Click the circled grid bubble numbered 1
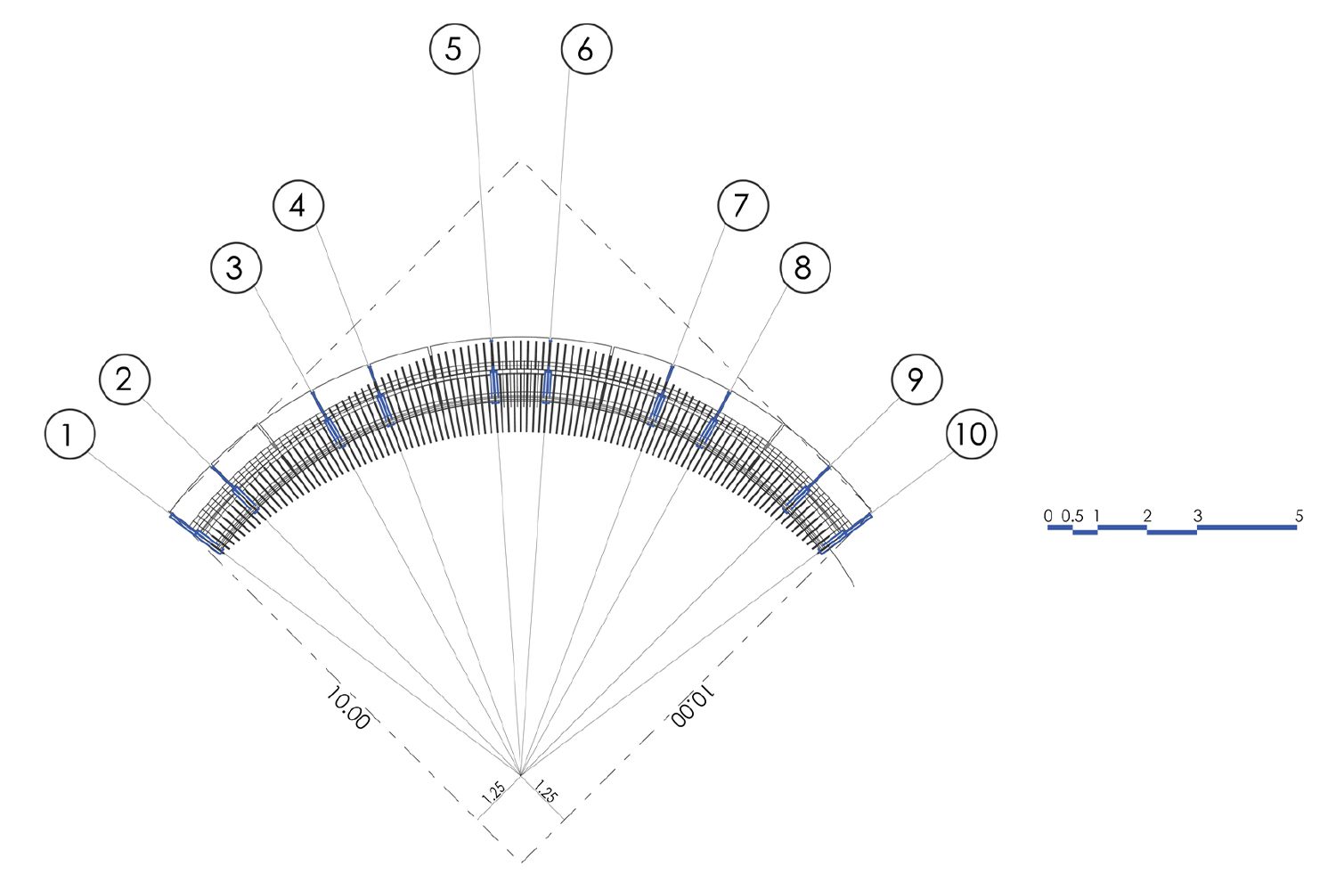pos(69,434)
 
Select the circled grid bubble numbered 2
pos(125,380)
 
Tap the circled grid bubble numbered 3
pos(236,267)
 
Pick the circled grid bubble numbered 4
pos(298,205)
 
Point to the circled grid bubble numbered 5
pos(454,49)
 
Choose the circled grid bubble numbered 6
pos(586,49)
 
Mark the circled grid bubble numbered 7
pos(743,205)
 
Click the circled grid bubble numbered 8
pos(805,267)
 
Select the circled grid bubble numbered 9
pos(916,379)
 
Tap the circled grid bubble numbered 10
pos(972,434)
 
